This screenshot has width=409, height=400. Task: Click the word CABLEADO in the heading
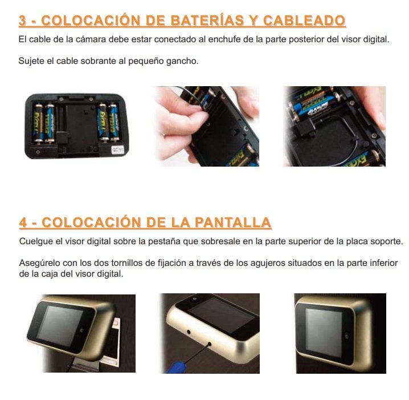coord(304,21)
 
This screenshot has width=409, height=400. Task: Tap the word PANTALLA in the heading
coord(232,223)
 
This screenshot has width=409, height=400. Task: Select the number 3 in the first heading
coord(22,21)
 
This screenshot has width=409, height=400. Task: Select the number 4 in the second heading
coord(23,223)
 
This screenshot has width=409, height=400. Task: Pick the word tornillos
coord(127,263)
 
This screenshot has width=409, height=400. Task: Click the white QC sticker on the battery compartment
coord(118,150)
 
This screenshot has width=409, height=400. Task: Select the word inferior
coord(384,263)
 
